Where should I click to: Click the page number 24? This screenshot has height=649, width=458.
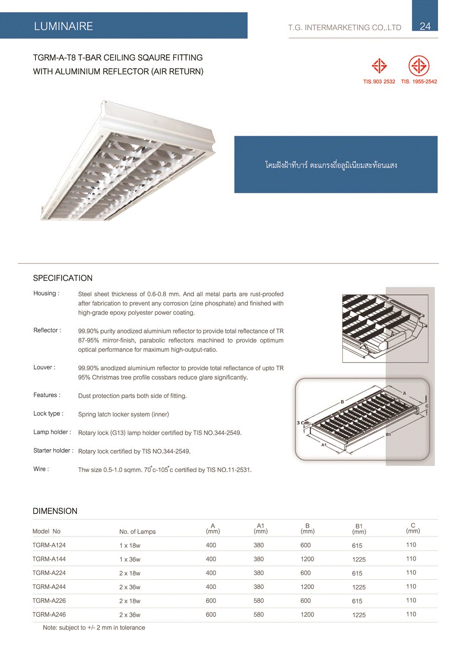pos(425,26)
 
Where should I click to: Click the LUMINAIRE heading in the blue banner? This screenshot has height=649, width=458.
pos(64,26)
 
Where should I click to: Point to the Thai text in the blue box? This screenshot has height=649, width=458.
pos(331,165)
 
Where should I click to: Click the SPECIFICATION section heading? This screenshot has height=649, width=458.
pos(63,278)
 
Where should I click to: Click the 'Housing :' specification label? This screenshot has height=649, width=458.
pos(46,293)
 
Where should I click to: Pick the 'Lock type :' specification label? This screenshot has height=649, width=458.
pos(48,414)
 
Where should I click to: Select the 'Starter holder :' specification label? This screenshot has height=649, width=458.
pos(53,450)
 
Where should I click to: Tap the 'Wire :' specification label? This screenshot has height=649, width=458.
pos(41,469)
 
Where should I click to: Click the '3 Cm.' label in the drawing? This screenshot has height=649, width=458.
pos(303,423)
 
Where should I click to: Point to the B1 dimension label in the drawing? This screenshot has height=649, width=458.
pos(388,434)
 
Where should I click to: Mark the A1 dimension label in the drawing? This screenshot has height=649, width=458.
pos(324,444)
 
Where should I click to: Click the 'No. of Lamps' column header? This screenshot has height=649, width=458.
pos(137,532)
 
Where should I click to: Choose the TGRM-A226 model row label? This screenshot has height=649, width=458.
pos(49,601)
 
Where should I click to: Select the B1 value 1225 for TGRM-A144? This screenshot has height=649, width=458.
pos(359,559)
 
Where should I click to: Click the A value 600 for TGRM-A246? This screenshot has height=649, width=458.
pos(211,614)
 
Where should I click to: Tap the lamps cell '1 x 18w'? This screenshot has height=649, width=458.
pos(130,546)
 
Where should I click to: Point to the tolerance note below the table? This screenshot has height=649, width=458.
pos(94,628)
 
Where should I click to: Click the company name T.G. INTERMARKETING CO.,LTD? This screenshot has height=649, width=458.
pos(345,28)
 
